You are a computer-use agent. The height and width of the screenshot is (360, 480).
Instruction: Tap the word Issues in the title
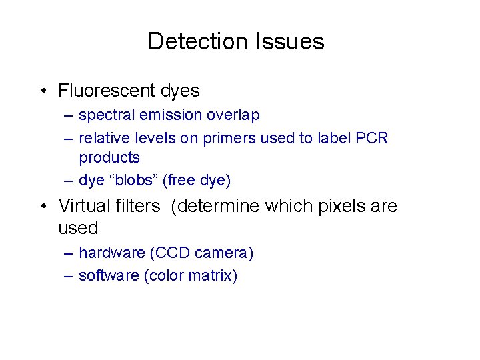(289, 41)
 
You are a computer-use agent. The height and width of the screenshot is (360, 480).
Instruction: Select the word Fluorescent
(106, 90)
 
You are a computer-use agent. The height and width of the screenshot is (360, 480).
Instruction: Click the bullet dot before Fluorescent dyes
(42, 91)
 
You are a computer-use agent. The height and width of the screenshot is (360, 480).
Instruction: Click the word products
(109, 158)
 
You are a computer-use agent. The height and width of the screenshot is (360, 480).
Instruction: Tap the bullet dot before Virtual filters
(42, 207)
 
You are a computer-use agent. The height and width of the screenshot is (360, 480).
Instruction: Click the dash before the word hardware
(69, 254)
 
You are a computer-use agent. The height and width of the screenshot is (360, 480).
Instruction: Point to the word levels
(147, 138)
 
